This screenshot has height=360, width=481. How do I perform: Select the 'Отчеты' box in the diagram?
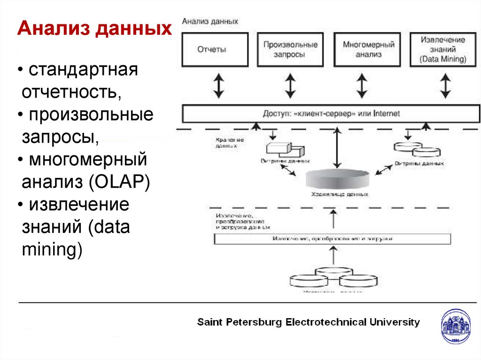click(212, 49)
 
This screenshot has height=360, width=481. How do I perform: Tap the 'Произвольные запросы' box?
click(290, 49)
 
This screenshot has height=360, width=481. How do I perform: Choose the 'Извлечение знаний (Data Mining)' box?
click(443, 49)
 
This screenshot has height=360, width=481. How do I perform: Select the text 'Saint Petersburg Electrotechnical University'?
click(308, 322)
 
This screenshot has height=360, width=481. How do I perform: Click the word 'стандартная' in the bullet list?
click(83, 71)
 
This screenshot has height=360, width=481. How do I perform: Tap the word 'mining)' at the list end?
click(52, 249)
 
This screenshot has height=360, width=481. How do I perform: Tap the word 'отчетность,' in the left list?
click(71, 92)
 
